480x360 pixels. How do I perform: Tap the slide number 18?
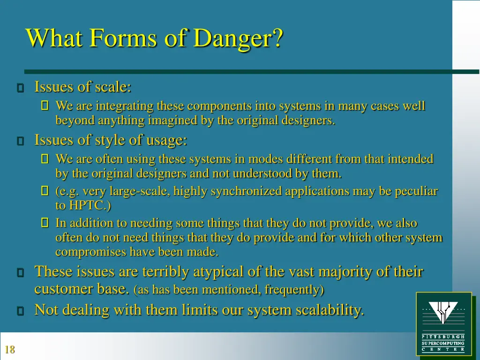point(9,349)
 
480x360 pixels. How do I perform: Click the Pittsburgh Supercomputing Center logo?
point(443,323)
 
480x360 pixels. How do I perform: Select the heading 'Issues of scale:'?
point(82,87)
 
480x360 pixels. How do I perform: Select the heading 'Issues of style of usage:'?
point(111,140)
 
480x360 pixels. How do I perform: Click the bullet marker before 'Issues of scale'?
point(20,88)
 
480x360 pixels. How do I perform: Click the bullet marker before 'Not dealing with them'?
point(20,311)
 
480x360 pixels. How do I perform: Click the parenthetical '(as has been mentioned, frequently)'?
point(228,290)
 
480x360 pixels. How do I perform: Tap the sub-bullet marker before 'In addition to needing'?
point(45,224)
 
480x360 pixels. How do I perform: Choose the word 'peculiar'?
point(415,191)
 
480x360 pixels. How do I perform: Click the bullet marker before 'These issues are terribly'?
point(20,273)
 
